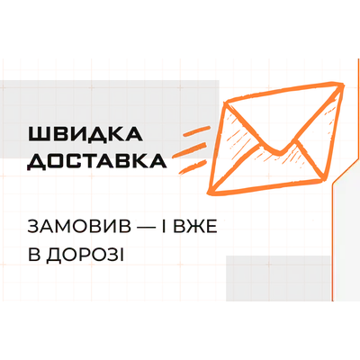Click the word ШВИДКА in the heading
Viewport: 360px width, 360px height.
(x=85, y=134)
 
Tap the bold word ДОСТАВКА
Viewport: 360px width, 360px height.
(x=96, y=161)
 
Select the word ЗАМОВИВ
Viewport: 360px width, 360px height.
(x=79, y=227)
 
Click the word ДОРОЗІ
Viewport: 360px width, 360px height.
(x=85, y=256)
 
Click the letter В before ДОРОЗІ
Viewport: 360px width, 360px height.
(x=33, y=256)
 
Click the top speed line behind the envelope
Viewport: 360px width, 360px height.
(x=197, y=131)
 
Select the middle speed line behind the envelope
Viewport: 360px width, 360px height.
(x=190, y=149)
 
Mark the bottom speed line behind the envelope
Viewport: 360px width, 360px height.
(x=192, y=167)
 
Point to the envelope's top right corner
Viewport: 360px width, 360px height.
(x=341, y=85)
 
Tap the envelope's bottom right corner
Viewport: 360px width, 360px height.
(x=323, y=179)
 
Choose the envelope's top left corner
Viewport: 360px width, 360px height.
(x=226, y=103)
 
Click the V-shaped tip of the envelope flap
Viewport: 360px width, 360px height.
(x=278, y=153)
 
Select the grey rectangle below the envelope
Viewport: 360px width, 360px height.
(x=278, y=278)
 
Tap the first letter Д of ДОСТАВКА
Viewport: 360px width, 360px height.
(x=36, y=162)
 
